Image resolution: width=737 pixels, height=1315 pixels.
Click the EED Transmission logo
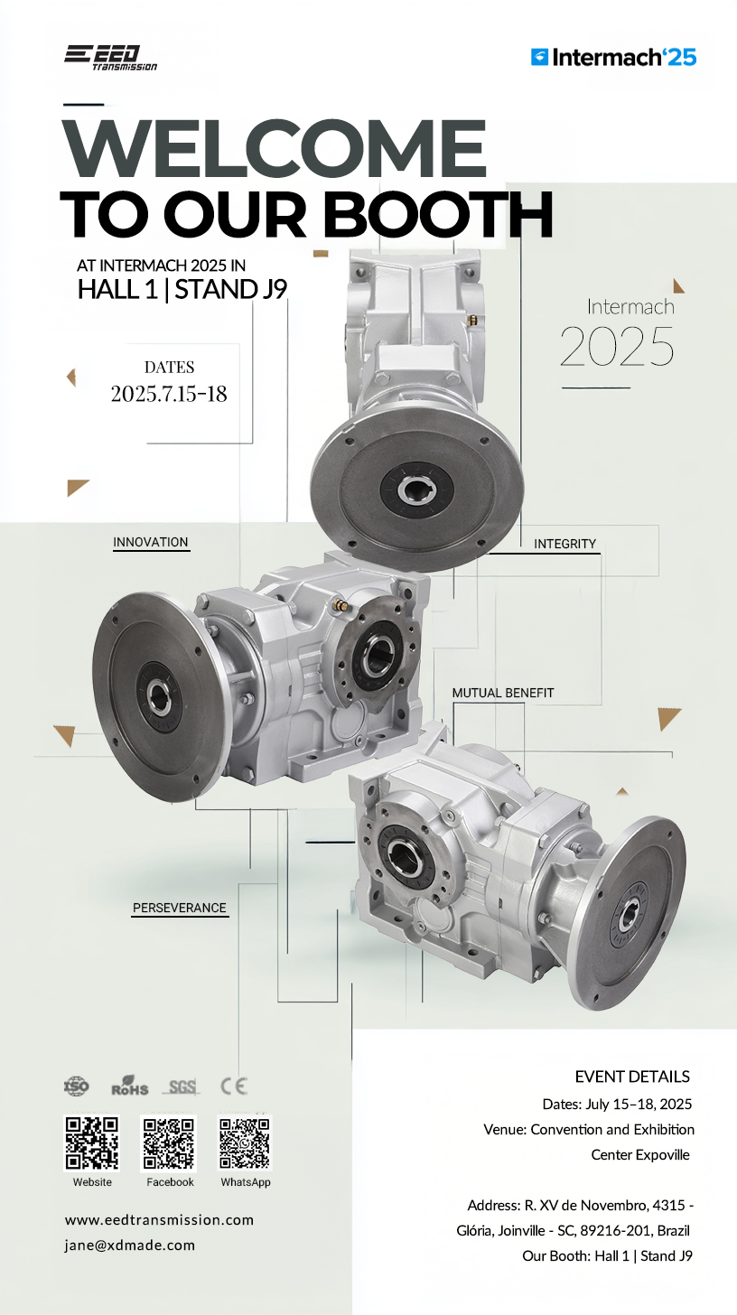pos(110,58)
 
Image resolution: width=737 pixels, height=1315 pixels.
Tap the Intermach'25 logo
pos(613,58)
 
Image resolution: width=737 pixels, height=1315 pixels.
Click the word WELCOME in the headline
pos(275,148)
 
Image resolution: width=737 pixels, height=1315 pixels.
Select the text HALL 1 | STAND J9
pos(182,289)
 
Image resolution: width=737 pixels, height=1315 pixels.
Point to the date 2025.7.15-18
pos(169,394)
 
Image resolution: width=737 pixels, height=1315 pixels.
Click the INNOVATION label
pos(151,543)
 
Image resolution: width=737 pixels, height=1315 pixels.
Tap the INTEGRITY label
pos(564,545)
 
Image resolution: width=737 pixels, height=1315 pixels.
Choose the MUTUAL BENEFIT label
pos(503,693)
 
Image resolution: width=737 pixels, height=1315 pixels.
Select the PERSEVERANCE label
pos(180,909)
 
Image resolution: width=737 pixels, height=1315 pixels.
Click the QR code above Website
pos(91,1143)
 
